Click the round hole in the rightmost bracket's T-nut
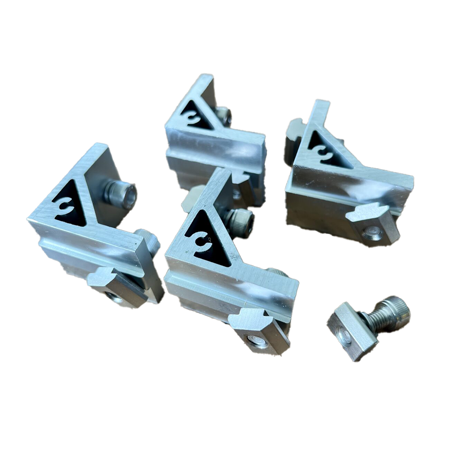point(373,232)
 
